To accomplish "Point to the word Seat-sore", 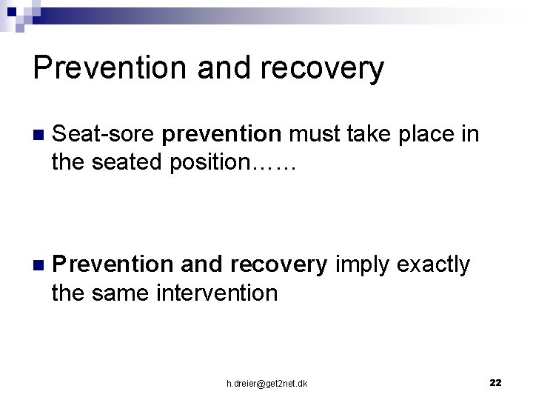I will click(x=104, y=134).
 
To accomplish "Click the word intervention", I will click(x=217, y=293).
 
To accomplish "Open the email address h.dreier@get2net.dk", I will click(x=267, y=383).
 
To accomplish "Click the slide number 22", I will click(x=495, y=382).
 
